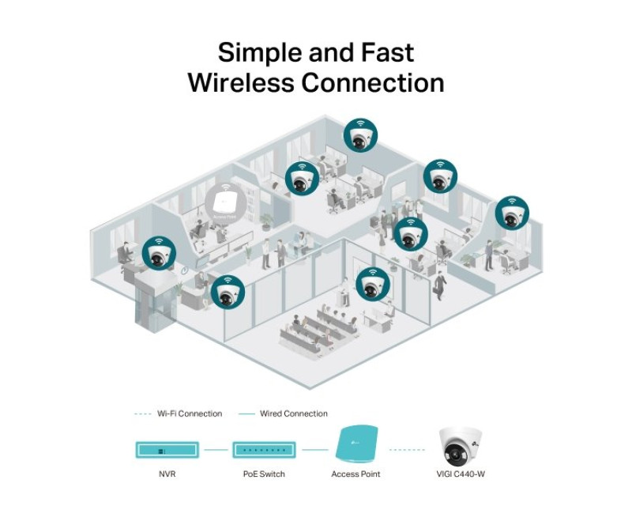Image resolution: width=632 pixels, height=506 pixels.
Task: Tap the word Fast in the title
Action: pos(386,54)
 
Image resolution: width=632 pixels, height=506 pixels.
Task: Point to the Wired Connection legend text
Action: pos(293,413)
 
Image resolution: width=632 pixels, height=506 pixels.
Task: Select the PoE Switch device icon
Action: pos(264,451)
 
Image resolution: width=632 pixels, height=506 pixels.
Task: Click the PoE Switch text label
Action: pos(264,474)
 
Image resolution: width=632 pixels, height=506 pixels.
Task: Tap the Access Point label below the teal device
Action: pos(355,474)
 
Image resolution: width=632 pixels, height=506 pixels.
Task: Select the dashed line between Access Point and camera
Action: pos(408,451)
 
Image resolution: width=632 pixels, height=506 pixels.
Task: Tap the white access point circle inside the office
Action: pos(222,201)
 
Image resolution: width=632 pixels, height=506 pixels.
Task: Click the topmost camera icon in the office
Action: pos(360,136)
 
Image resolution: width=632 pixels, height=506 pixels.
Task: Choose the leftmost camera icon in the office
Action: pos(158,251)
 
